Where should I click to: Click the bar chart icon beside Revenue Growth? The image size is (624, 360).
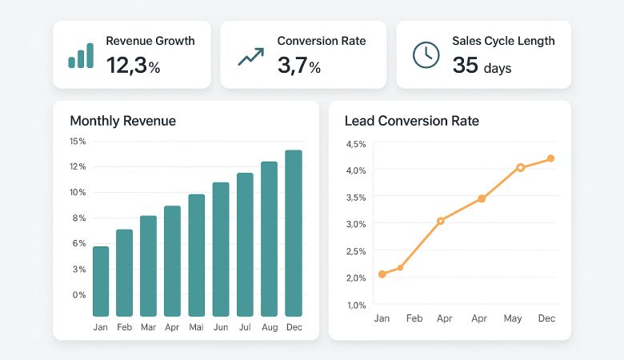81,55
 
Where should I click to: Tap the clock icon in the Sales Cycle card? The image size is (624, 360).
426,54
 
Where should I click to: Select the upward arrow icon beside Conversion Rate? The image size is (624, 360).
250,57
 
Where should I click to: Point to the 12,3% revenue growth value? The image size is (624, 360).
133,66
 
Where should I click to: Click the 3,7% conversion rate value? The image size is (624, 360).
298,66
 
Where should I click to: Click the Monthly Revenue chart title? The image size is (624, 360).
122,121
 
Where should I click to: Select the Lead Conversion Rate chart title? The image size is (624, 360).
411,121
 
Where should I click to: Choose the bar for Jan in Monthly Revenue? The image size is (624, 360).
101,282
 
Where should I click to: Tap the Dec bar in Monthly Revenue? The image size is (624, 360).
294,233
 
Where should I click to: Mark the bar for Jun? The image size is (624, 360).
221,250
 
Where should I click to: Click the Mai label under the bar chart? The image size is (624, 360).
197,327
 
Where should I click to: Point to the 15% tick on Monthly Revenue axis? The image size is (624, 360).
78,142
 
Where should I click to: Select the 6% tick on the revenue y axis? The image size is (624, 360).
79,243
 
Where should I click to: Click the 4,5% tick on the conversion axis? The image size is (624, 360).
355,144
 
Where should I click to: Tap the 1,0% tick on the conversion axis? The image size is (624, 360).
355,305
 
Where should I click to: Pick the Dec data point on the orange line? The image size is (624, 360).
550,158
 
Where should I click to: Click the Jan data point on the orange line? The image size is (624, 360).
382,274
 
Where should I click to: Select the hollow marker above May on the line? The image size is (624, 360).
520,167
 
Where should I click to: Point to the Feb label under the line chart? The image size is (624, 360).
414,318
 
